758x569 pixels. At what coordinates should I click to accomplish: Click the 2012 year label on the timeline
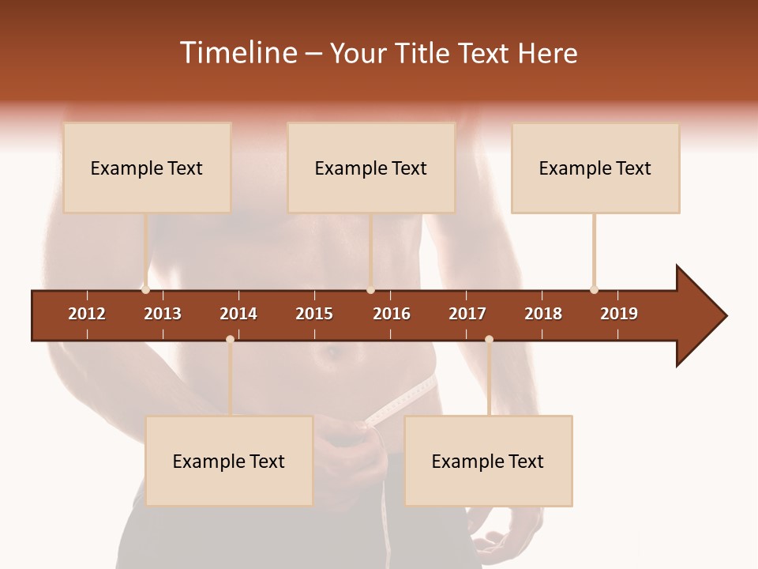coord(87,314)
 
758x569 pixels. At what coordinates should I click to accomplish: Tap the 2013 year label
coord(163,314)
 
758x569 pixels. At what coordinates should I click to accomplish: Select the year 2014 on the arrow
coord(238,314)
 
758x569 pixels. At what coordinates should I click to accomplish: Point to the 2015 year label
coord(314,314)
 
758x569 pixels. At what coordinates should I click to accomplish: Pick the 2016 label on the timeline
coord(392,314)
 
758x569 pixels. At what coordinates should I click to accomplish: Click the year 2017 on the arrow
coord(467,314)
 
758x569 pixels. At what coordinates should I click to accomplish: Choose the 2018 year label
coord(543,314)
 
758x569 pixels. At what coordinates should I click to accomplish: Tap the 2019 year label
coord(619,314)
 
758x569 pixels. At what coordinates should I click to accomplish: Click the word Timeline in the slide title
coord(237,53)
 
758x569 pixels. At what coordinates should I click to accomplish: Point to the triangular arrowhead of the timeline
coord(699,316)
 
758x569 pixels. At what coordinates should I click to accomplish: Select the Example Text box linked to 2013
coord(147,168)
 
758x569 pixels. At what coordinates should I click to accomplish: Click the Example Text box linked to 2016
coord(371,168)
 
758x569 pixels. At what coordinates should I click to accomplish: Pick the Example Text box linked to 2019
coord(595,168)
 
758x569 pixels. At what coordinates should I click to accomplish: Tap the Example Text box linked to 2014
coord(229,461)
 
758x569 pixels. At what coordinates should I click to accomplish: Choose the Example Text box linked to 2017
coord(488,461)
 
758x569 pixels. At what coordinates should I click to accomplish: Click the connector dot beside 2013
coord(145,289)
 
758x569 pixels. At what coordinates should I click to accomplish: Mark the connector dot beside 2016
coord(370,289)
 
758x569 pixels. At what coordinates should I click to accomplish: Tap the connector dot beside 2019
coord(594,289)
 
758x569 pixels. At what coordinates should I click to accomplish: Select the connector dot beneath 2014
coord(230,339)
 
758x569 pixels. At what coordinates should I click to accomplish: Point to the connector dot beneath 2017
coord(489,339)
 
